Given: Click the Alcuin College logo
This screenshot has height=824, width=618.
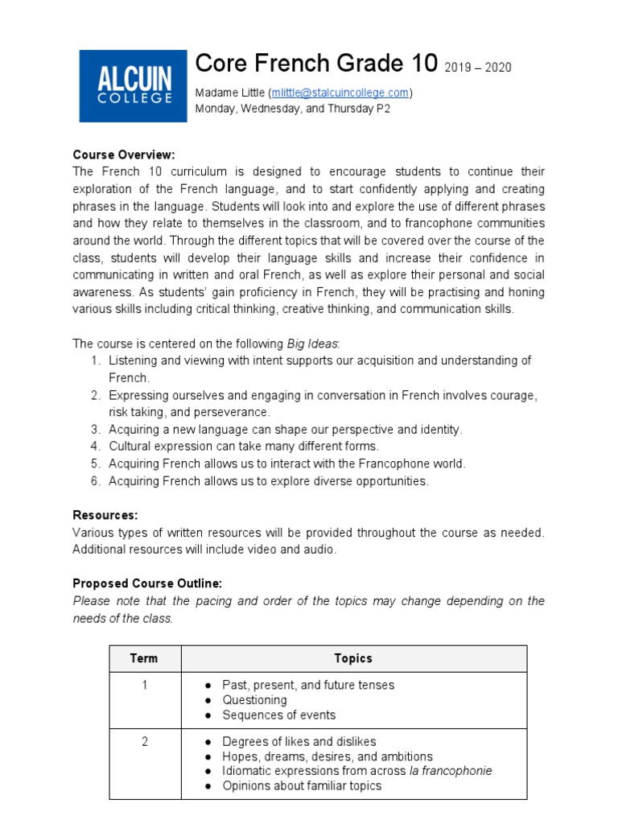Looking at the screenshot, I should coord(132,85).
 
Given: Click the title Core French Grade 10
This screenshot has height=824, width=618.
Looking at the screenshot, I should coord(317,64).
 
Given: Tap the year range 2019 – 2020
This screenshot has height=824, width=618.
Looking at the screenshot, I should coord(478,68).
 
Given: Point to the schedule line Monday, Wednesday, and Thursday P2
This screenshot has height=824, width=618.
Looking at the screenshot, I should coord(293,109).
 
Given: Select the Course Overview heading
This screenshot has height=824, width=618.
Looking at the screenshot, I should coord(124,154).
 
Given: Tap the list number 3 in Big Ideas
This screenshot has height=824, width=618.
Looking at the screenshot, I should coord(95,430).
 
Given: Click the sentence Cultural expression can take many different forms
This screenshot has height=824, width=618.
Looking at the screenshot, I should coord(244,447).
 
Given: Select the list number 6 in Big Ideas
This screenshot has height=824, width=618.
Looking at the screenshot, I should coord(95,481).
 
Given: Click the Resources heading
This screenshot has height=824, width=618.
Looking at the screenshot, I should coord(105,515).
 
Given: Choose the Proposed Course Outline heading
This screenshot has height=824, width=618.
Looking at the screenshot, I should coord(147,583).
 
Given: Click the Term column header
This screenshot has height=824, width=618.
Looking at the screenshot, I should coord(144,658).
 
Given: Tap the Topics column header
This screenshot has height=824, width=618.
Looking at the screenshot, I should coord(353,658).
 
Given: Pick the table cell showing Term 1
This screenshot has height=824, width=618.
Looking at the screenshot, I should coord(145,686).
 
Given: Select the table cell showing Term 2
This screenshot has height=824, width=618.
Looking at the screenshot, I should coord(145,742).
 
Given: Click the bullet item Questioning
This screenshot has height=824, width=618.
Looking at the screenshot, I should coord(254,700).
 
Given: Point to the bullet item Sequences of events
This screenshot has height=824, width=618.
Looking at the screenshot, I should coord(278,715).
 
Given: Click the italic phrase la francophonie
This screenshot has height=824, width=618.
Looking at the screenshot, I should coord(451,771).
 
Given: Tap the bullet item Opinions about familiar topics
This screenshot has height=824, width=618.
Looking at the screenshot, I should coord(302,785).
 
